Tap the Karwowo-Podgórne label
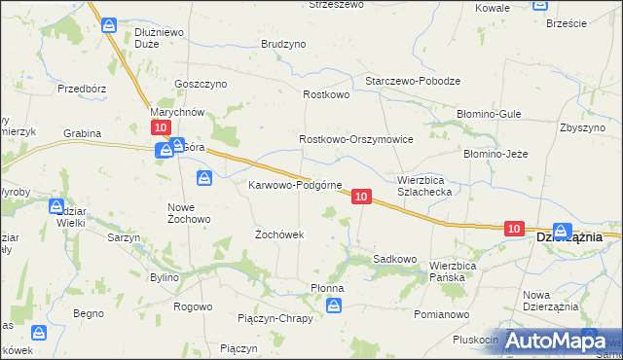tap(295, 185)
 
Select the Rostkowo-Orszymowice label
tap(356, 140)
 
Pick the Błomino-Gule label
tap(492, 114)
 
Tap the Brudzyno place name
tap(283, 45)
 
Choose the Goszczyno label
tap(200, 84)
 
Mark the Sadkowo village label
tap(395, 259)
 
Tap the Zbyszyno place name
tap(584, 127)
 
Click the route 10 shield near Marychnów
tap(161, 127)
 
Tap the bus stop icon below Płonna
tap(334, 306)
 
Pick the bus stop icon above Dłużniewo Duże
tap(110, 23)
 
